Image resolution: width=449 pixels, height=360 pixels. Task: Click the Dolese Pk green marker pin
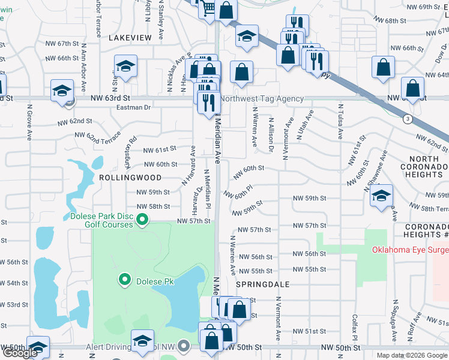tap(125, 280)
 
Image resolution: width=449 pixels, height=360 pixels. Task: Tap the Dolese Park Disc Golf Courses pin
tap(142, 221)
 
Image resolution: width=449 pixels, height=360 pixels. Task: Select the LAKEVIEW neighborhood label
tap(130, 38)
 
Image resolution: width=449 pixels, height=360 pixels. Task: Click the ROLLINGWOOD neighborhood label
tap(130, 178)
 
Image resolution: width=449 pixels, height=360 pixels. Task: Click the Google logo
tap(19, 353)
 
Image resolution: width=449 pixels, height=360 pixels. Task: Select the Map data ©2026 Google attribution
tap(412, 355)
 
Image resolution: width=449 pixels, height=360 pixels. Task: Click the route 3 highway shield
tap(408, 119)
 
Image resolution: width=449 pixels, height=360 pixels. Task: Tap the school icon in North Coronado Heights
tap(381, 196)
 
